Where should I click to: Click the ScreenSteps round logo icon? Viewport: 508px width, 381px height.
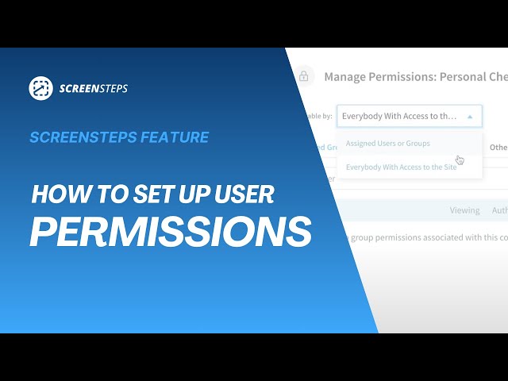41,88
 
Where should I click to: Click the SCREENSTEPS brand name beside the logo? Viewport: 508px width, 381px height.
94,89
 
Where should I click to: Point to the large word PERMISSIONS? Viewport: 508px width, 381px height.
170,231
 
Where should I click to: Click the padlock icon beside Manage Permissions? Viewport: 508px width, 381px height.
302,77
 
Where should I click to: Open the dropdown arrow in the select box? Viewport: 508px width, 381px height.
470,116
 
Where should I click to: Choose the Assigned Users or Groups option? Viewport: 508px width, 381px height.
388,144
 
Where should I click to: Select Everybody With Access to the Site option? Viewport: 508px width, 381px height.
401,167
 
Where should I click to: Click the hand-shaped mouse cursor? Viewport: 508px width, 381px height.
460,160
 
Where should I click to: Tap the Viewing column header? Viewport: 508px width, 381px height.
464,210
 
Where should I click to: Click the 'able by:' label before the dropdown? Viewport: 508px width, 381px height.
317,116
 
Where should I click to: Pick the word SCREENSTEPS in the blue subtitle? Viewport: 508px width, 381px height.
83,137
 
